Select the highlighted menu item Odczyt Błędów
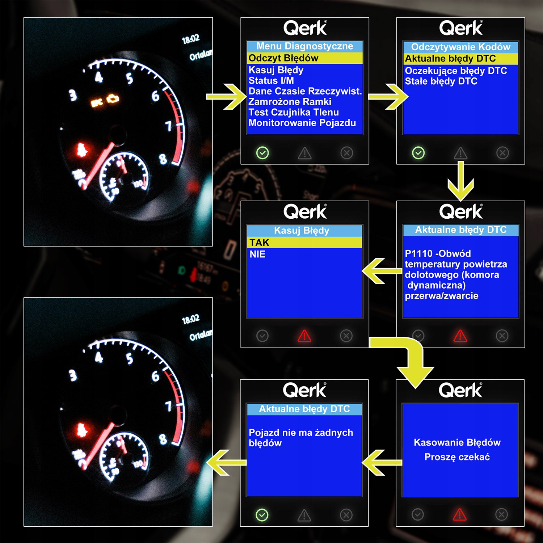coord(283,58)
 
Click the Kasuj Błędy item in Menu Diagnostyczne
coord(276,70)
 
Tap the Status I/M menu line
coord(271,81)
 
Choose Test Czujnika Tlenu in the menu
coord(294,112)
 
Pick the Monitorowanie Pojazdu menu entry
coord(302,123)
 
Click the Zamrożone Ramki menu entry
coord(290,102)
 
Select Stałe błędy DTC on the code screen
coord(441,81)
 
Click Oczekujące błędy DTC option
coord(456,71)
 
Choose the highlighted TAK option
coord(259,243)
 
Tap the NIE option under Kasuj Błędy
coord(257,254)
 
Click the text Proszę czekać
coord(457,457)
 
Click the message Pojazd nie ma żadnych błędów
coord(301,438)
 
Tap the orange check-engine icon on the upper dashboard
coord(113,98)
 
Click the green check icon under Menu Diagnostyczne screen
coord(262,153)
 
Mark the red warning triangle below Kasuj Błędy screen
coord(304,336)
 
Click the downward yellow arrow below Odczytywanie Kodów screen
coord(460,181)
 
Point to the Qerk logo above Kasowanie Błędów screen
coord(460,390)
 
